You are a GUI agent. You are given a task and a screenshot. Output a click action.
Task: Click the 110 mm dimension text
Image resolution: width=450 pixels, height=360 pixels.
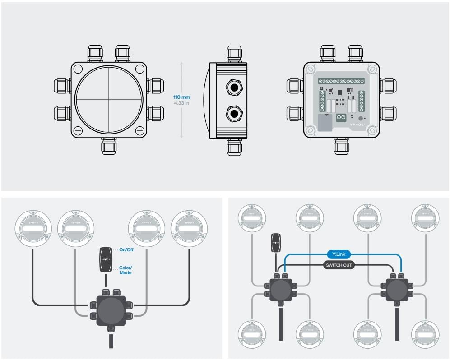click(x=181, y=97)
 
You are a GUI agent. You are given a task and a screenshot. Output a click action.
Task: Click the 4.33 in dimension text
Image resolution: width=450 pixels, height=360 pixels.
click(x=181, y=103)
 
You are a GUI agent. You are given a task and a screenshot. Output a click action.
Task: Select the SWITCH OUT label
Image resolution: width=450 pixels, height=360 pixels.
click(x=339, y=265)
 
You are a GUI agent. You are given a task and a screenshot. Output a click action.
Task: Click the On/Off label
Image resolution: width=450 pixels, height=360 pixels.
click(x=126, y=249)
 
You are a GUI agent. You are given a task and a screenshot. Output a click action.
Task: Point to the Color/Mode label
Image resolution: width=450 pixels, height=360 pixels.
click(x=125, y=270)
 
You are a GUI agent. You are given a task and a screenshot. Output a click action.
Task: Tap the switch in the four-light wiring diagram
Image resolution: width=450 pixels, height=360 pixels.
click(x=106, y=259)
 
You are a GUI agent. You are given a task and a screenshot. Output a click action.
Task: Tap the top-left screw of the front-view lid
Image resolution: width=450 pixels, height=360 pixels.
click(x=78, y=69)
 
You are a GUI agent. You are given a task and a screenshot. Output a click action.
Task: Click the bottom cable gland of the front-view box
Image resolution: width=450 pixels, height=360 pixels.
click(x=109, y=146)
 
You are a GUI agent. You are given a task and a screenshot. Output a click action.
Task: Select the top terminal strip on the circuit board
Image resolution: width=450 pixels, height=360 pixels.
click(x=341, y=81)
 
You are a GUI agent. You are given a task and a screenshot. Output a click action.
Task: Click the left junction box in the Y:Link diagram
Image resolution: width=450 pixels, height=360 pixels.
click(x=280, y=290)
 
